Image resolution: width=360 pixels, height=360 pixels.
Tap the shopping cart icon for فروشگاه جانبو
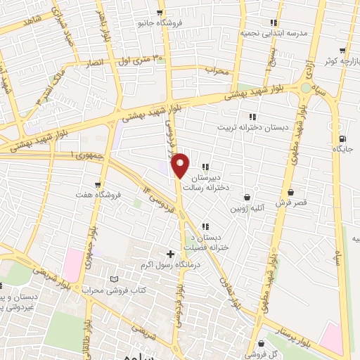(160, 12)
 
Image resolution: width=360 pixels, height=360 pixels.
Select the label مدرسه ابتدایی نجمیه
(276, 33)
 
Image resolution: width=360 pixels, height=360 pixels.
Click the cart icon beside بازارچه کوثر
(342, 51)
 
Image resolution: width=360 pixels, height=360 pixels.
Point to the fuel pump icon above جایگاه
(342, 139)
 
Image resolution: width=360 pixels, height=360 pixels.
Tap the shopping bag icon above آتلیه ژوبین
(247, 198)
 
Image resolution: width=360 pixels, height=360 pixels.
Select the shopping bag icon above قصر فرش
(290, 191)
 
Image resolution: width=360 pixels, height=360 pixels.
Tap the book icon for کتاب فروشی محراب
(115, 279)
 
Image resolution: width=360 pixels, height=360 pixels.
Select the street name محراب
(218, 71)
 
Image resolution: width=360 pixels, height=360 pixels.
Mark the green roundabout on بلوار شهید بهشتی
(305, 87)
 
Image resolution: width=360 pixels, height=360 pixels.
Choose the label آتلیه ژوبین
(247, 209)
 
